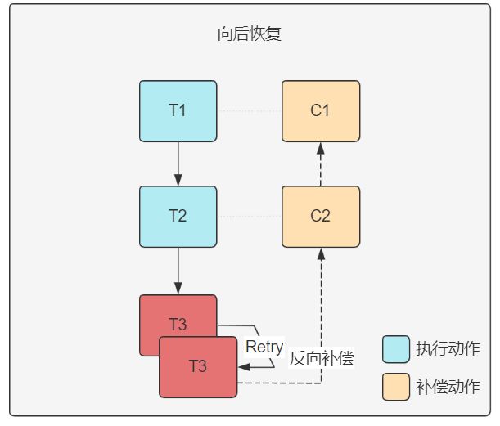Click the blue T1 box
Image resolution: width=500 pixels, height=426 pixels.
click(x=178, y=111)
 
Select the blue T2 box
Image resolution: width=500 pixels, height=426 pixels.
click(x=178, y=217)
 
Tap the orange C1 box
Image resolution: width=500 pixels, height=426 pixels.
click(x=321, y=111)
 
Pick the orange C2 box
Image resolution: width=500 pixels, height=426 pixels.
click(x=321, y=217)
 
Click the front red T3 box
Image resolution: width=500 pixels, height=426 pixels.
click(x=198, y=367)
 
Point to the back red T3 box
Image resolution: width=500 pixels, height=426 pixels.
click(x=178, y=316)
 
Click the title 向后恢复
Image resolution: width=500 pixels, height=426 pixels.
click(x=249, y=34)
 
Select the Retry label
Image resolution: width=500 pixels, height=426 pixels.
click(x=264, y=347)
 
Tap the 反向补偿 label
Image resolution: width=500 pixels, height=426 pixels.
click(x=322, y=358)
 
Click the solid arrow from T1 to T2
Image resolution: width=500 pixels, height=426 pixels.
click(x=178, y=164)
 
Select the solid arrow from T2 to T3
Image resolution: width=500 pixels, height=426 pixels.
click(x=178, y=271)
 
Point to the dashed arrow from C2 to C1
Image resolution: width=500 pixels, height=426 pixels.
click(x=321, y=164)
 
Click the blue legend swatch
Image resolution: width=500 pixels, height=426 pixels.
click(x=396, y=349)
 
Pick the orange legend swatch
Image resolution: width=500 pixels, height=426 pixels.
click(x=396, y=387)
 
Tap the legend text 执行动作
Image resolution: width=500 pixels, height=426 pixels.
click(x=448, y=348)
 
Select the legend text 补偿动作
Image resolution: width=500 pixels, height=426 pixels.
click(x=448, y=387)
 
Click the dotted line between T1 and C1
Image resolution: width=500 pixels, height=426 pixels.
click(x=250, y=111)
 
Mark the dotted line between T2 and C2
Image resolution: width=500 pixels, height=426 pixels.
click(x=250, y=217)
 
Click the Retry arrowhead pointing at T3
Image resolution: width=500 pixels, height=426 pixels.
click(x=244, y=367)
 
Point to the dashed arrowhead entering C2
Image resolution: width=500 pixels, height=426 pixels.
click(x=321, y=253)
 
